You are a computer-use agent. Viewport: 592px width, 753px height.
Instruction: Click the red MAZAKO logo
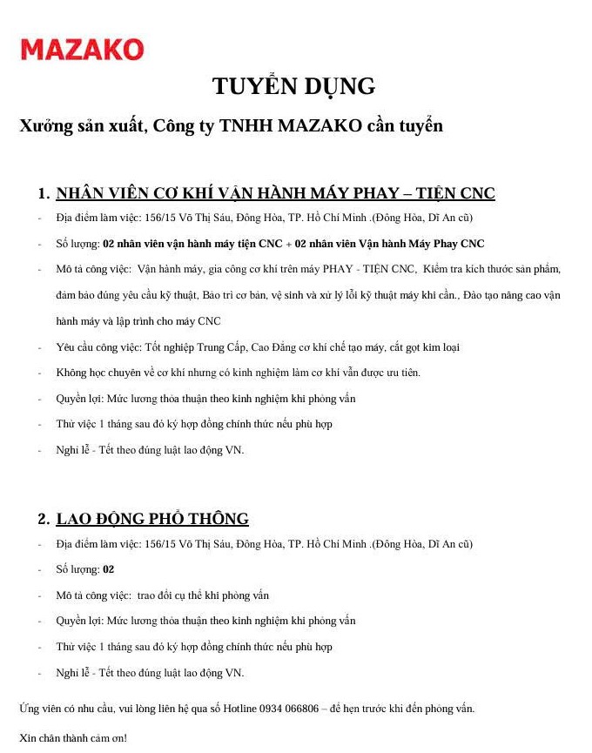point(82,50)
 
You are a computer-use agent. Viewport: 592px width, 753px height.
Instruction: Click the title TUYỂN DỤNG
point(293,86)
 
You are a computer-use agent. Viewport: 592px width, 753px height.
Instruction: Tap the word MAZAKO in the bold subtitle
point(319,126)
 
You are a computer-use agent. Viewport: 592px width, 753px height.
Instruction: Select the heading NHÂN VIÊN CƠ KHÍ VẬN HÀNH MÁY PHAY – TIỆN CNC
point(275,193)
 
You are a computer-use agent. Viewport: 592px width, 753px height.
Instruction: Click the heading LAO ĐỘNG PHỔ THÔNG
point(152,520)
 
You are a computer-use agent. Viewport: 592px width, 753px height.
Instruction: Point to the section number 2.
point(43,520)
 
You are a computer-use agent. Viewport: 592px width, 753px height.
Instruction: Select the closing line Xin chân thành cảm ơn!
point(73,737)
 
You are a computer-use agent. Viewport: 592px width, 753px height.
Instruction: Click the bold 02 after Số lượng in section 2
point(109,570)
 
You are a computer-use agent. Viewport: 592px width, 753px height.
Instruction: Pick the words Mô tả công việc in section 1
point(93,270)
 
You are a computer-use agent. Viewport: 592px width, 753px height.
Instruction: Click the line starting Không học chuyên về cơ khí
point(238,373)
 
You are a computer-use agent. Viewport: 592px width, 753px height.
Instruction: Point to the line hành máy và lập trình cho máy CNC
point(138,321)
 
